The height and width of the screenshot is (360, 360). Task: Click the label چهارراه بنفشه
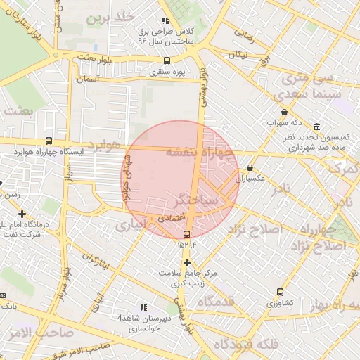pyautogui.click(x=200, y=152)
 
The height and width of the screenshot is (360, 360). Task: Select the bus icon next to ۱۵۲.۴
pyautogui.click(x=186, y=235)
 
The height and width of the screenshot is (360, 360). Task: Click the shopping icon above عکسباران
pyautogui.click(x=251, y=168)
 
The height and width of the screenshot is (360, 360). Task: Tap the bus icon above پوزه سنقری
pyautogui.click(x=167, y=61)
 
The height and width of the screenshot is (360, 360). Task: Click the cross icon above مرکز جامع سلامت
pyautogui.click(x=187, y=262)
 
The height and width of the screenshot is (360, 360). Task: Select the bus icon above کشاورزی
pyautogui.click(x=281, y=292)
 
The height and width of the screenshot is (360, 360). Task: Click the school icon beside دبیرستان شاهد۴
pyautogui.click(x=144, y=307)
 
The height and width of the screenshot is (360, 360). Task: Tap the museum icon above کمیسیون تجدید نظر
pyautogui.click(x=317, y=127)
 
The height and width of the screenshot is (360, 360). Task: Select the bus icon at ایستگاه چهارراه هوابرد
pyautogui.click(x=49, y=141)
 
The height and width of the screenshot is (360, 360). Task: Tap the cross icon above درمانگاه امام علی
pyautogui.click(x=22, y=214)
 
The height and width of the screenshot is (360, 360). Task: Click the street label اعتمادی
pyautogui.click(x=171, y=219)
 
